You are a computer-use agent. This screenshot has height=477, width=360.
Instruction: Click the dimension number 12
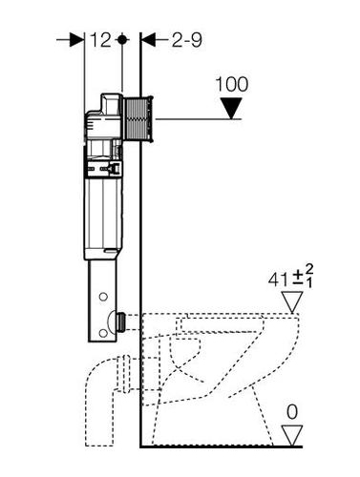tap(100, 40)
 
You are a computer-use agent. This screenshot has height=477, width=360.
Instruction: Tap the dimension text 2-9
tap(187, 40)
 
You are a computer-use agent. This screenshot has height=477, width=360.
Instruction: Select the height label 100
tap(232, 85)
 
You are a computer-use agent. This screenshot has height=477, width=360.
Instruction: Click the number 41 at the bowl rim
tap(279, 280)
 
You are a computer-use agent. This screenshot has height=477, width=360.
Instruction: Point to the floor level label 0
tap(292, 412)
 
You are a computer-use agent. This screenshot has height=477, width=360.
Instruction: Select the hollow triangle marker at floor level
tap(292, 435)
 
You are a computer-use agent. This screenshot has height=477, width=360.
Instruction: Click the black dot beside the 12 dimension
tap(122, 40)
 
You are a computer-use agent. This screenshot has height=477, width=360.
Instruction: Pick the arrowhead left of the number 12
tap(76, 40)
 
